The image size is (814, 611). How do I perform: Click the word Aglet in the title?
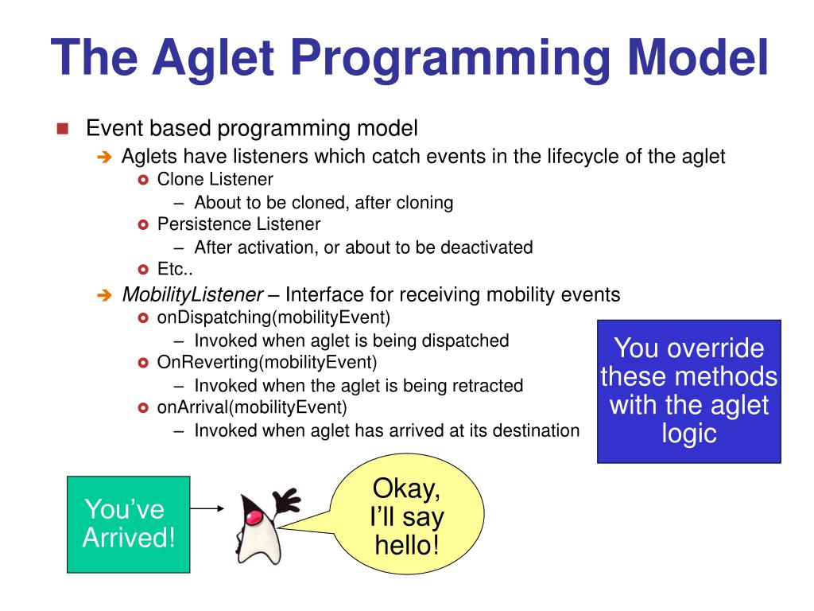coord(213,59)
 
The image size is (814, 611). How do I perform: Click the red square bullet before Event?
coord(63,128)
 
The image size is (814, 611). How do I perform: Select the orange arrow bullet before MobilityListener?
coord(105,296)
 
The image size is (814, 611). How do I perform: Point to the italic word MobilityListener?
coord(192,294)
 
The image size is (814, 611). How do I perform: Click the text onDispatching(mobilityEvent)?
coord(273,317)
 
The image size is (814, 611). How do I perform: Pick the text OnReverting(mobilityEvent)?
coord(267,362)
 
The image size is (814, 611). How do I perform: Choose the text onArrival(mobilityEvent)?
coord(252,407)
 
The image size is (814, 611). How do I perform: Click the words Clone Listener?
coord(215,179)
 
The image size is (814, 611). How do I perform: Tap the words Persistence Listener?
coord(238,224)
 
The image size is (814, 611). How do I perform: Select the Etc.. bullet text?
coord(175,269)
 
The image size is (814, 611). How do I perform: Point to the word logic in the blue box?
coord(689,434)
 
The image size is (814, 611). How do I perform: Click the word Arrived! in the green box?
coord(129,537)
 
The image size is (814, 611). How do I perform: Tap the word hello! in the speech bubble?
coord(407,545)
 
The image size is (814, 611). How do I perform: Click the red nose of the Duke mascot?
coord(254,517)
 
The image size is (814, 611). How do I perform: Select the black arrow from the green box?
coord(207,508)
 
